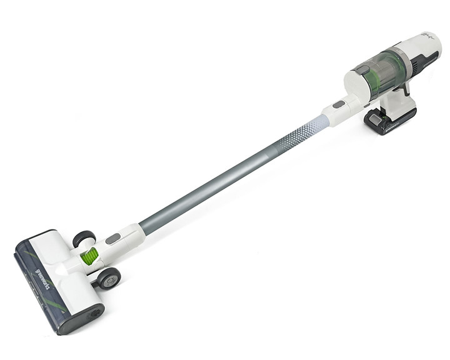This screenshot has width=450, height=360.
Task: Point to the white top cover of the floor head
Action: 59,262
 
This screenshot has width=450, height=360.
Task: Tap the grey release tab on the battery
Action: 374,117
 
